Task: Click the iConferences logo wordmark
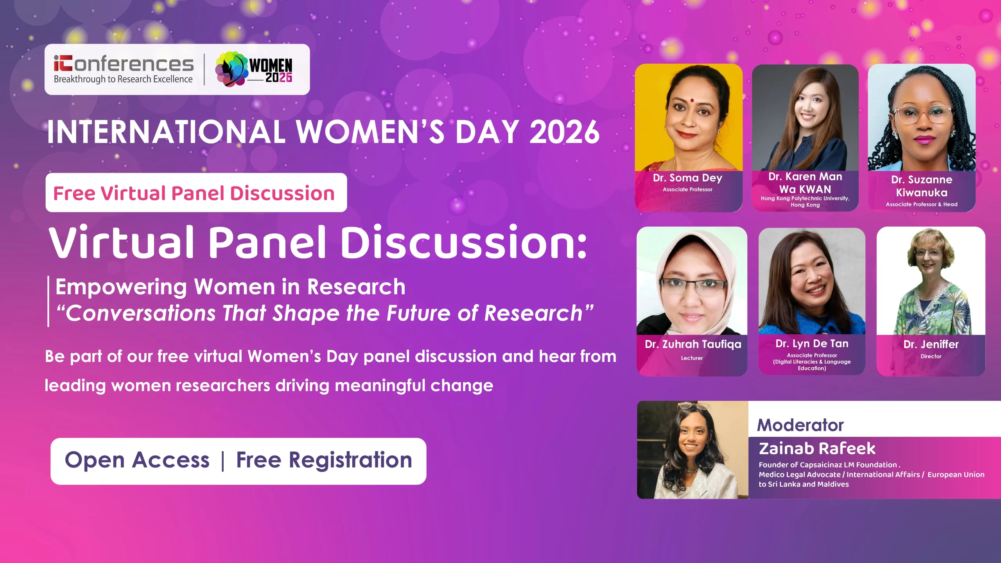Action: coord(124,63)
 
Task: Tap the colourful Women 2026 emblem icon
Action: coord(231,69)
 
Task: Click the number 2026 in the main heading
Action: coord(564,132)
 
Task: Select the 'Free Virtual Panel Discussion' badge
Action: coord(196,192)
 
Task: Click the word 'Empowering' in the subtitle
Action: coord(122,287)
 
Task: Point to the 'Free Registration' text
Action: coord(324,460)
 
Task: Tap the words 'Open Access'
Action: coord(137,460)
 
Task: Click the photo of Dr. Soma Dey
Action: coord(689,118)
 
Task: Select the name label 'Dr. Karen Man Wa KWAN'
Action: coord(805,183)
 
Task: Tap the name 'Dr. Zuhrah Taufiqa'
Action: coord(693,344)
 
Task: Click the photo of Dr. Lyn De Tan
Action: coord(812,281)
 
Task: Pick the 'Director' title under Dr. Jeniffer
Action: coord(931,356)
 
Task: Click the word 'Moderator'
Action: coord(800,425)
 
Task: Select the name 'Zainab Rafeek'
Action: coord(817,448)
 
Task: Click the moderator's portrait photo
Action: coord(693,450)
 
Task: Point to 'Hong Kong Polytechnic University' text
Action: coord(805,198)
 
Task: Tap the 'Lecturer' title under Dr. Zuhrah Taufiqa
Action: coord(692,358)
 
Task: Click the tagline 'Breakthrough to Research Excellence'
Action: coord(123,79)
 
